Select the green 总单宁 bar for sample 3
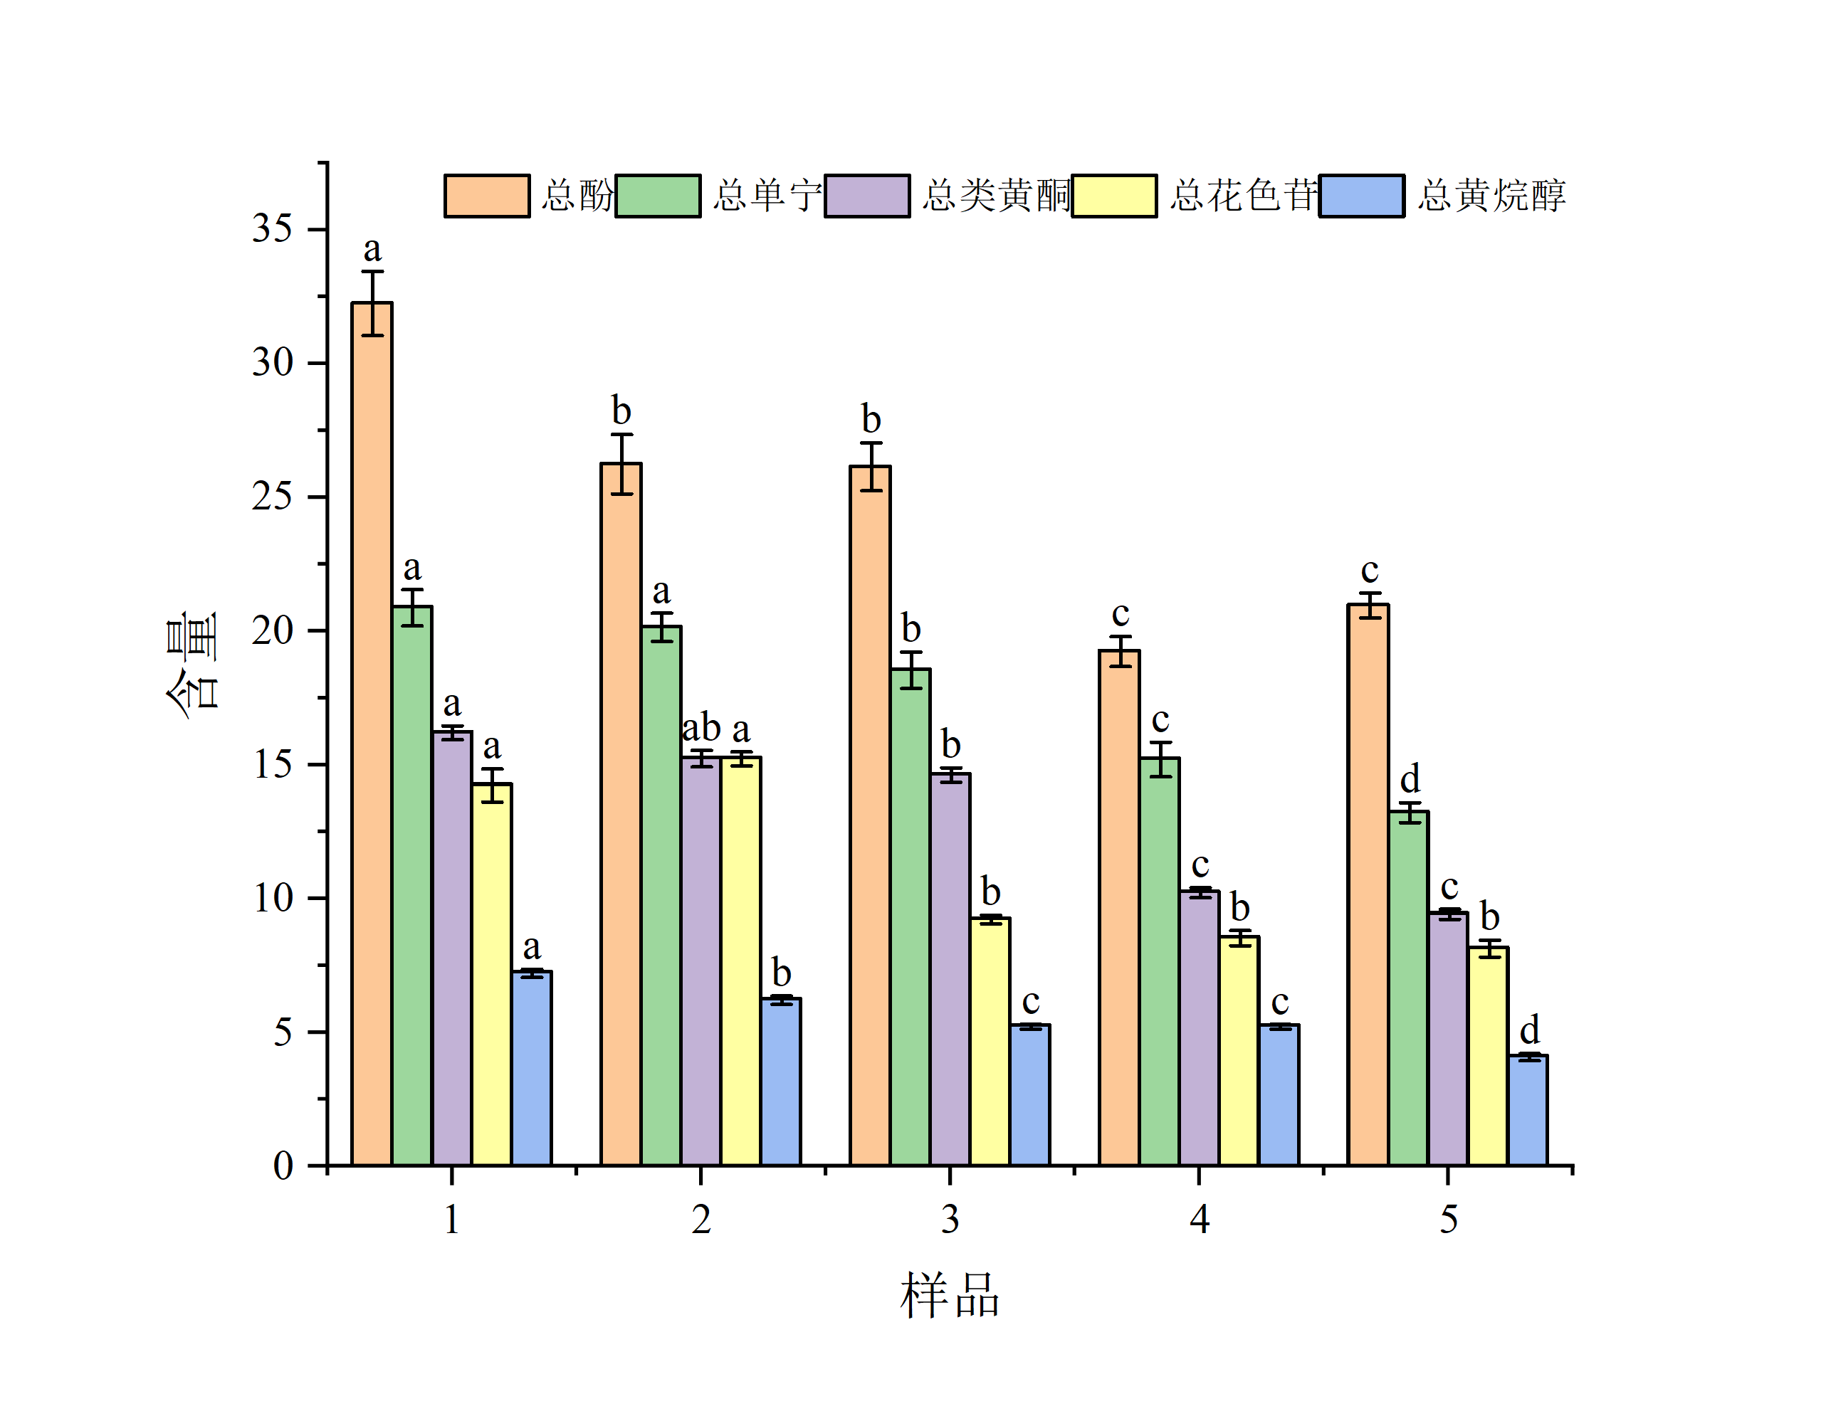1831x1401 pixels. tap(910, 917)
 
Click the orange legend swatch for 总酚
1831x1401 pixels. tap(486, 196)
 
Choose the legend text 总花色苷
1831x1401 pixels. tap(1242, 196)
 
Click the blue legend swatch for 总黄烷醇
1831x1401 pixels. tap(1361, 196)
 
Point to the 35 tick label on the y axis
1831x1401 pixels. tap(272, 228)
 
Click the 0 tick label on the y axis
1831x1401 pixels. tap(283, 1165)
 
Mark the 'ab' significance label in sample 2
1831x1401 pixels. tap(701, 728)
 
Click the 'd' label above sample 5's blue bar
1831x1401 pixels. tap(1529, 1030)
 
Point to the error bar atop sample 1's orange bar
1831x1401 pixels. tap(372, 302)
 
